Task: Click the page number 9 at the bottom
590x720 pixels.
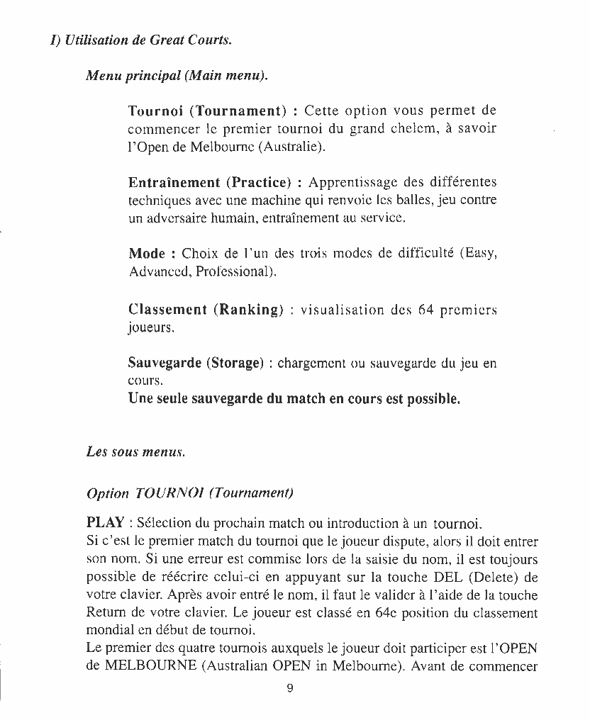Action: tap(290, 688)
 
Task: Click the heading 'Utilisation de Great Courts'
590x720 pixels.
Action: tap(147, 40)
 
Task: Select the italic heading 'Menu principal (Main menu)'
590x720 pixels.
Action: tap(177, 74)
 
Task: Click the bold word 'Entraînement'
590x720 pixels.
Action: tap(174, 183)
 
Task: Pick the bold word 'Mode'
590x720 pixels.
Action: tap(147, 254)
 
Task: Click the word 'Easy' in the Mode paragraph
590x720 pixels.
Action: tap(479, 254)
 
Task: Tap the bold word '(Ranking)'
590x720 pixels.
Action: tap(248, 310)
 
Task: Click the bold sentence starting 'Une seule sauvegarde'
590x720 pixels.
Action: tap(294, 399)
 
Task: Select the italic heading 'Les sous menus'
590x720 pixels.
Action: tap(135, 451)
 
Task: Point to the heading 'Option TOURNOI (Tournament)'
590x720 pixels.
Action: tap(189, 493)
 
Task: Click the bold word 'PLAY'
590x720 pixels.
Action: tap(105, 524)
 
